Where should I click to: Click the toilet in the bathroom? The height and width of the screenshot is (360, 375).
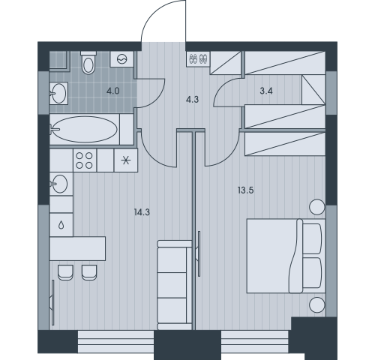[x=88, y=62]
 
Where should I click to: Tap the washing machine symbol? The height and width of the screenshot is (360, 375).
[x=122, y=59]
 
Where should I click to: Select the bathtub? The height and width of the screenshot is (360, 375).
[x=85, y=129]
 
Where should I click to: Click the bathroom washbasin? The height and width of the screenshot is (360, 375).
[x=58, y=93]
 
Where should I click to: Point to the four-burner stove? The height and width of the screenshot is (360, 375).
[x=85, y=160]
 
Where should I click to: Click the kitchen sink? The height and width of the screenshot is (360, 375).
[x=59, y=184]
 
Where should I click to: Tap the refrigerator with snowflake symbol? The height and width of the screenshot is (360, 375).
[x=126, y=160]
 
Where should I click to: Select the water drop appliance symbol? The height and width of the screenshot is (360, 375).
[x=61, y=225]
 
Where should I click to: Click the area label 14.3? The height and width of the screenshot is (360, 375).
[x=142, y=212]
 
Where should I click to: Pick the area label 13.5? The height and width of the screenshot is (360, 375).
[x=245, y=190]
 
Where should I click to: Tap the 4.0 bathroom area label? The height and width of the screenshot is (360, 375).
[x=113, y=91]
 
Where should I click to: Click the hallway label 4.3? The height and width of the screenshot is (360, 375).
[x=192, y=100]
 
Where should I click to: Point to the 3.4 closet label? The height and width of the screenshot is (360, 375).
[x=266, y=91]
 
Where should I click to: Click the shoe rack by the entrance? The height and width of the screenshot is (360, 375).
[x=198, y=59]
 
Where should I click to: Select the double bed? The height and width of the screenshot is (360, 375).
[x=286, y=256]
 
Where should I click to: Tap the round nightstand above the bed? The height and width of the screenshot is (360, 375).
[x=317, y=207]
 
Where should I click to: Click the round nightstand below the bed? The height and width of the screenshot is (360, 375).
[x=317, y=305]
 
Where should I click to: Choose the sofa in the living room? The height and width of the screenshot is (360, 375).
[x=175, y=285]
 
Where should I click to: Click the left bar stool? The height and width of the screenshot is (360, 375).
[x=65, y=273]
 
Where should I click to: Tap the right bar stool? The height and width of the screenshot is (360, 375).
[x=89, y=273]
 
